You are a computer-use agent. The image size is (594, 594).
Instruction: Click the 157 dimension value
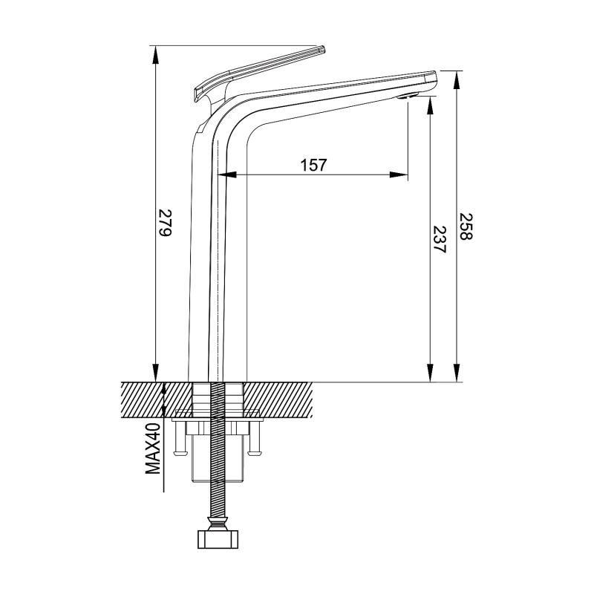tap(313, 165)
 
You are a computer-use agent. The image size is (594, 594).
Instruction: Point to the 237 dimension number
tap(440, 239)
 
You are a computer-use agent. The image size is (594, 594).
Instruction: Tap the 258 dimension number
tap(466, 226)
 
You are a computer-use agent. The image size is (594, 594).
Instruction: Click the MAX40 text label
tap(154, 449)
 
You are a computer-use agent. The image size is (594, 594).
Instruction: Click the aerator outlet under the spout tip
tap(408, 96)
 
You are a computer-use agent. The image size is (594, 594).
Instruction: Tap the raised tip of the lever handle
tap(322, 49)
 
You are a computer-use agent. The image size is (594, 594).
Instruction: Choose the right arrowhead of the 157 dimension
tap(399, 174)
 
